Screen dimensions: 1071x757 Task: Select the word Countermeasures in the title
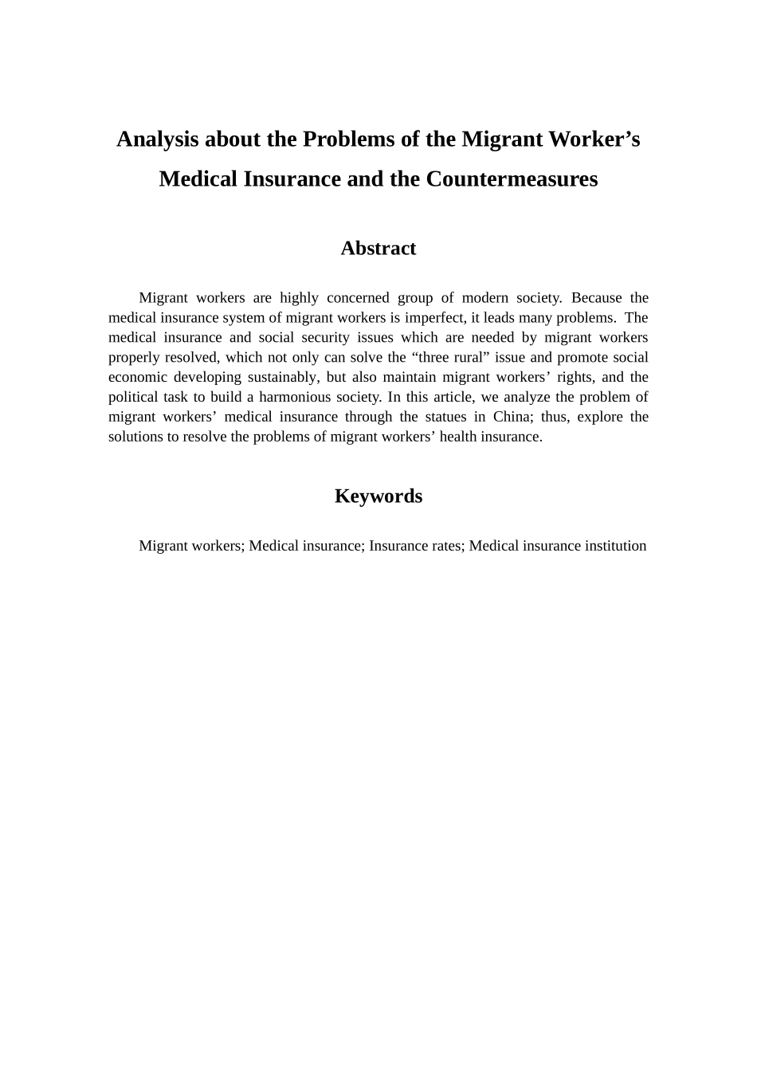tap(512, 178)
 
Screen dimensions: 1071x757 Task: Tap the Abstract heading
tap(378, 249)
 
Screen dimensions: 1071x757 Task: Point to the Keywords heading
tap(378, 496)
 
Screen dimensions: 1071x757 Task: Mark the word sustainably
tap(282, 378)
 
